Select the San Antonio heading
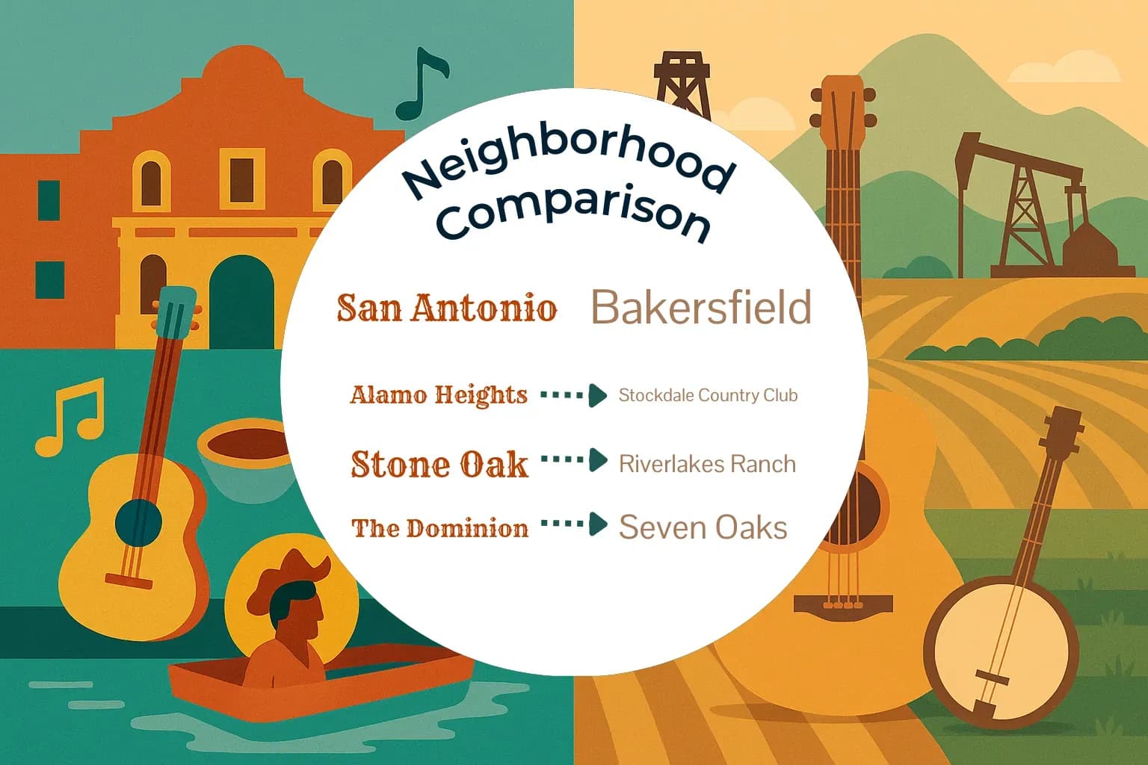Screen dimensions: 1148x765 tap(447, 308)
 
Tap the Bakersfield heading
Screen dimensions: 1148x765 tap(701, 307)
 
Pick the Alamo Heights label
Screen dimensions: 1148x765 tap(439, 394)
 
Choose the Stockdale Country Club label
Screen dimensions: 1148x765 tap(708, 395)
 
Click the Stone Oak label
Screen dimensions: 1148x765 tap(439, 464)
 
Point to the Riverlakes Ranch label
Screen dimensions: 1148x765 tap(707, 464)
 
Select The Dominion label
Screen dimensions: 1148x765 tap(439, 528)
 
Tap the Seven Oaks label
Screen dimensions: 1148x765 tap(703, 527)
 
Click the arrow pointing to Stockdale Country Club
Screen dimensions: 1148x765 tap(574, 394)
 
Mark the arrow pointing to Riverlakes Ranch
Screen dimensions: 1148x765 tap(574, 460)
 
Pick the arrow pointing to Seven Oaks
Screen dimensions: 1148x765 tap(574, 524)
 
